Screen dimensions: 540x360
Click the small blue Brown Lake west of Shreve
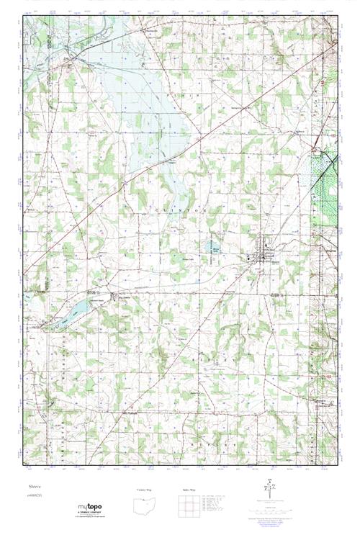click(215, 251)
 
